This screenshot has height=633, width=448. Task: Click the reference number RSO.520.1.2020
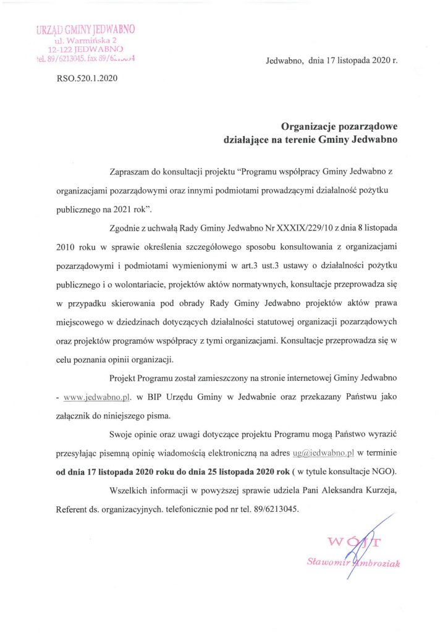click(87, 79)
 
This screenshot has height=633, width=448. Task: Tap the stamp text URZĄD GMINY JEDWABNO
click(86, 29)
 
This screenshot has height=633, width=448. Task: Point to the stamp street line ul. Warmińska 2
click(86, 40)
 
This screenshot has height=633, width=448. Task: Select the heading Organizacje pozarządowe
click(340, 127)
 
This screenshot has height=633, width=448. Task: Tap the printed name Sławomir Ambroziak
click(353, 562)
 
